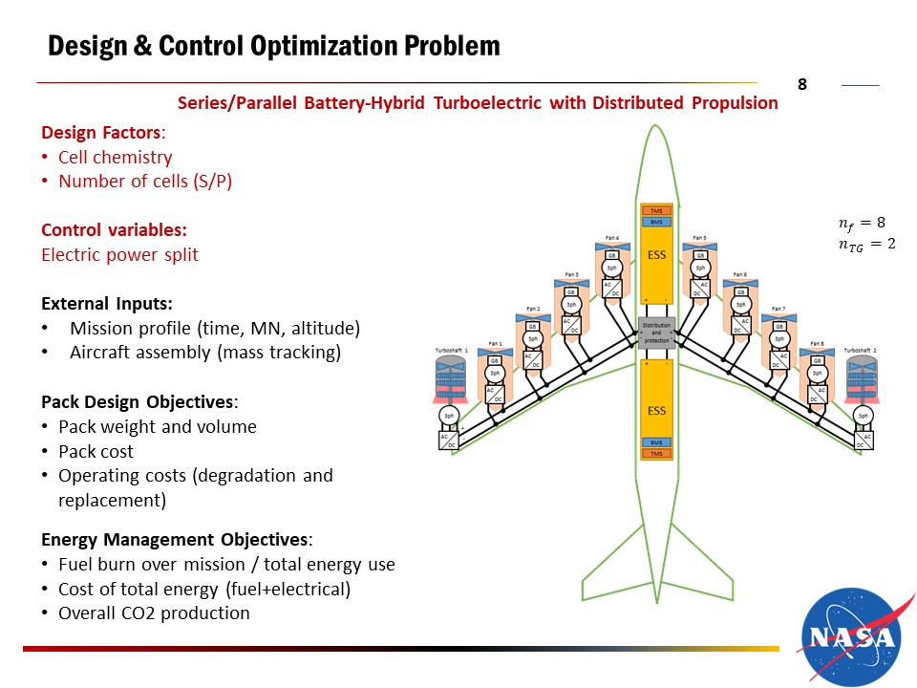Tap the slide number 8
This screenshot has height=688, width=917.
coord(802,85)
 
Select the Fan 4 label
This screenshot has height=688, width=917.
coord(612,238)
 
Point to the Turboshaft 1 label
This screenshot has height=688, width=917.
coord(451,351)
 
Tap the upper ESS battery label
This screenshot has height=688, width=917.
coord(656,255)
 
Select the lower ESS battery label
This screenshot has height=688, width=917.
coord(656,411)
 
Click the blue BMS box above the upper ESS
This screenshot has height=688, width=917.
coord(656,222)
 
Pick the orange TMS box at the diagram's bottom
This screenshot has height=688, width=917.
coord(656,454)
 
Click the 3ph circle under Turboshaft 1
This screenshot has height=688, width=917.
coord(448,416)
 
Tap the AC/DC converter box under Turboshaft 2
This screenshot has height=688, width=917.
coord(863,441)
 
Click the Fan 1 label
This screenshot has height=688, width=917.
coord(495,344)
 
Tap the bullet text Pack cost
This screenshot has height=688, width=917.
coord(96,451)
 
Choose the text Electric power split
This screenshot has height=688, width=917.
coord(119,255)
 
